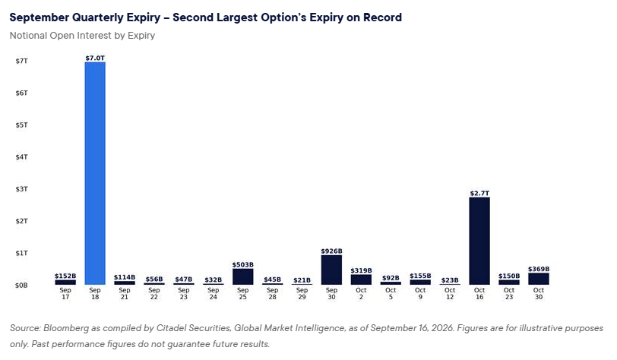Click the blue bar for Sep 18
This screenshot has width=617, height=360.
[x=95, y=173]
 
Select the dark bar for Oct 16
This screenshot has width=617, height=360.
[x=479, y=241]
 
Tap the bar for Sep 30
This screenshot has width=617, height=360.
[x=331, y=270]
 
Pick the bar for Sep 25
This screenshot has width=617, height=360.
[x=243, y=276]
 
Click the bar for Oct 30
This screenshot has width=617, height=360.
[x=538, y=279]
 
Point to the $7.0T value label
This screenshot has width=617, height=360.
[x=95, y=58]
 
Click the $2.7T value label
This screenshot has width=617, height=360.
[x=479, y=193]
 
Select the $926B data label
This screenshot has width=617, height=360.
[x=331, y=251]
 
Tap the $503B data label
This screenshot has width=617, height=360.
[x=243, y=264]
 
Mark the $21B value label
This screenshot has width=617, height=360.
[x=302, y=280]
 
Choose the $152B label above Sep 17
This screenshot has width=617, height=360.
[x=65, y=276]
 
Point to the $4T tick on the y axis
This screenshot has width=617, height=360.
[x=21, y=157]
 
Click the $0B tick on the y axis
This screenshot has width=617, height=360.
[x=21, y=285]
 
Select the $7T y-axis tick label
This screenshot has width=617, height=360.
[x=21, y=61]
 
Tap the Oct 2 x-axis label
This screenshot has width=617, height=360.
[x=361, y=293]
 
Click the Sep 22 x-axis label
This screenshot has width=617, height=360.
[x=153, y=293]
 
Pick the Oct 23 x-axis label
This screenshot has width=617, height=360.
[x=509, y=293]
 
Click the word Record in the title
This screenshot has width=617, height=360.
[x=382, y=17]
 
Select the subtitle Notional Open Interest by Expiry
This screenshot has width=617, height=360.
[x=82, y=36]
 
